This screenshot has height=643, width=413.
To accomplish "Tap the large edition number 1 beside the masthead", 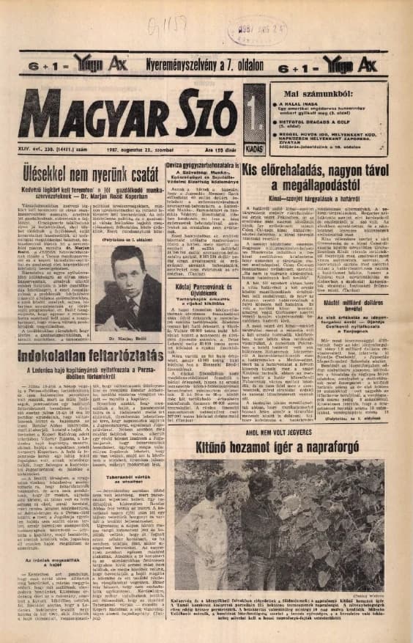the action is coord(255,114).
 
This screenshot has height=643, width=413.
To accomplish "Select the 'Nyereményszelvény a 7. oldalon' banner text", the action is coord(205,65).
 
